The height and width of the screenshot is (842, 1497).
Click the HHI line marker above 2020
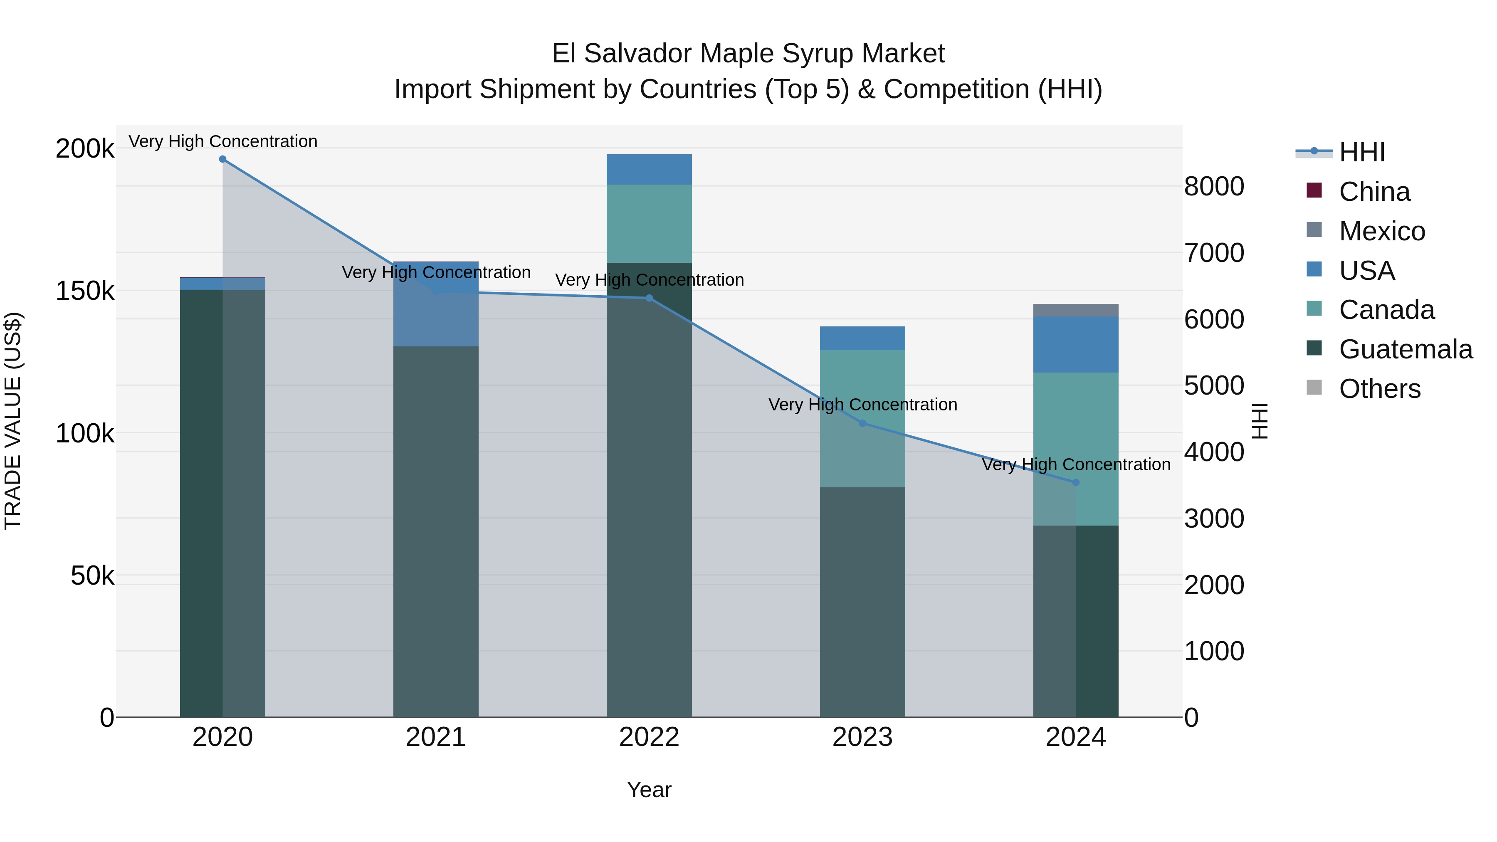click(222, 159)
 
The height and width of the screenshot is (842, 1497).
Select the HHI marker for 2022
click(649, 298)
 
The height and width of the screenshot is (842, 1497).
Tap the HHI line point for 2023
click(862, 423)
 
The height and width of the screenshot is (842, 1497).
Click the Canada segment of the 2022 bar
click(649, 224)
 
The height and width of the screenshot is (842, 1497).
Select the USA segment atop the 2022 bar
click(649, 169)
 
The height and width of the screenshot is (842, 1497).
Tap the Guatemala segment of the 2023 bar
click(862, 601)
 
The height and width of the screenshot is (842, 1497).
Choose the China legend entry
click(1374, 192)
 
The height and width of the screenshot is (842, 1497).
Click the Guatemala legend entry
click(1405, 349)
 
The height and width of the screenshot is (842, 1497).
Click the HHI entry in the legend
click(1361, 152)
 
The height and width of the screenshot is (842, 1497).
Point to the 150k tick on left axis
click(85, 291)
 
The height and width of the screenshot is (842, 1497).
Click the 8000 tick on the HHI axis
click(1214, 187)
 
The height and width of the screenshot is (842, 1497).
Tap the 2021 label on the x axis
click(436, 737)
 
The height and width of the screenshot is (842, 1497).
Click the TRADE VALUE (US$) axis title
click(13, 421)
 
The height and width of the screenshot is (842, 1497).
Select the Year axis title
click(649, 790)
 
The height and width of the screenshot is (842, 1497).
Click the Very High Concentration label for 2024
click(1076, 464)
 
